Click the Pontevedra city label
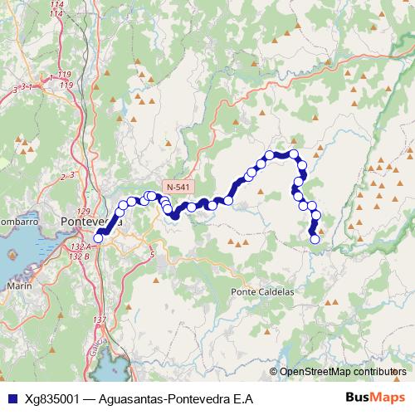(92, 222)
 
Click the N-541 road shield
(176, 188)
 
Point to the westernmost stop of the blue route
(98, 238)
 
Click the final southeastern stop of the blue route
(315, 240)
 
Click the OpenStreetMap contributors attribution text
(343, 372)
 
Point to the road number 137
(100, 320)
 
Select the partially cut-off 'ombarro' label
(19, 222)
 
